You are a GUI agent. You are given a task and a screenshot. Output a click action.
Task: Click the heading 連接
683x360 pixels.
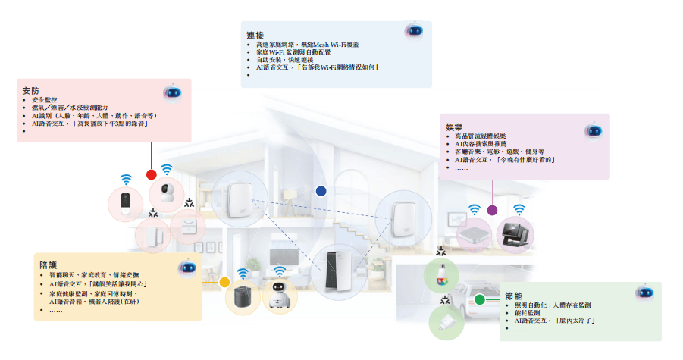255,36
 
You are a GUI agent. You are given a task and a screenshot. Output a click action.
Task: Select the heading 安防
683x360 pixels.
31,92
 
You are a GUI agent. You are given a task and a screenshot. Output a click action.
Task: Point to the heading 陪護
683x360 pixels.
48,265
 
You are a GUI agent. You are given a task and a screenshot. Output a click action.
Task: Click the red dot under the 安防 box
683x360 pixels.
152,174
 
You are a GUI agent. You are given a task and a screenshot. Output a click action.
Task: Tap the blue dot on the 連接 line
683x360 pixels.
321,192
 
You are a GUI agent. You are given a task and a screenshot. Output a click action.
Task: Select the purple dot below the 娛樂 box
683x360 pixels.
492,210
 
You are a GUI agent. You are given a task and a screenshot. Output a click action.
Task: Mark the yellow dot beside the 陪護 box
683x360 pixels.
224,283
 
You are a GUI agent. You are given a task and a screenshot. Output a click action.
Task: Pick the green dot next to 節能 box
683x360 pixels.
480,299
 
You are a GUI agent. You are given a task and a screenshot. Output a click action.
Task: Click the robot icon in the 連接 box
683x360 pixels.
413,31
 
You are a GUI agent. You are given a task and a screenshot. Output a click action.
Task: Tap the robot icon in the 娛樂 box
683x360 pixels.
593,130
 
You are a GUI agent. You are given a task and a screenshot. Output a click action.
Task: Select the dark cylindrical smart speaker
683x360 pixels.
243,297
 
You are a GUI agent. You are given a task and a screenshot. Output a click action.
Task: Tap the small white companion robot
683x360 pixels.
280,296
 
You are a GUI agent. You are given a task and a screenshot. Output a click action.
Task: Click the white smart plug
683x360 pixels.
446,324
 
